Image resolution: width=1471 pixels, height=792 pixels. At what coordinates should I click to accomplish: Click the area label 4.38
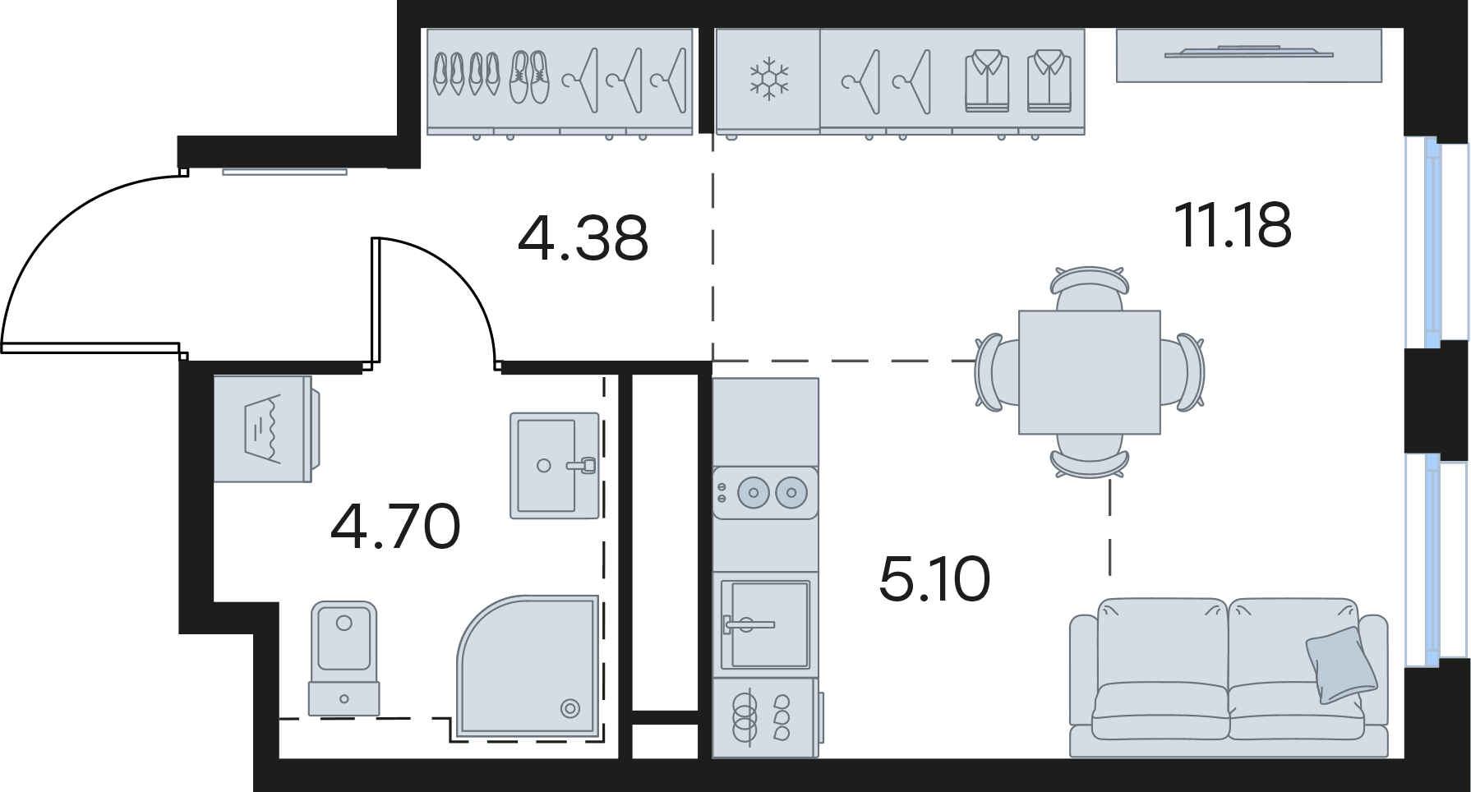(583, 237)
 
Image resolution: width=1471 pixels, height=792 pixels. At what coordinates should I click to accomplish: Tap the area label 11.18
(1233, 224)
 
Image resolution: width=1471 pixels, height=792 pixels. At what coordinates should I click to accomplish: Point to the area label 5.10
(934, 578)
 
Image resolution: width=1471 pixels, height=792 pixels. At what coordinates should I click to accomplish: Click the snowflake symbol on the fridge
(768, 80)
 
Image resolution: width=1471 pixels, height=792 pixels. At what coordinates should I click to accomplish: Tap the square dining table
(1090, 372)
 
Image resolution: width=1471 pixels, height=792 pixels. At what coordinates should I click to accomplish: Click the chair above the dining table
(1090, 288)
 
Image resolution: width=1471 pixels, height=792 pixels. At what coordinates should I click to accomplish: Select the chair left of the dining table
(997, 372)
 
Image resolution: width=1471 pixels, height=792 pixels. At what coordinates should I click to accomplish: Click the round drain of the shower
(569, 707)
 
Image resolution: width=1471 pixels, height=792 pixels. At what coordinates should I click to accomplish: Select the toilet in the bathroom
(344, 657)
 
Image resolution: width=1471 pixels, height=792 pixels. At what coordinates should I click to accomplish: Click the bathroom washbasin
(555, 466)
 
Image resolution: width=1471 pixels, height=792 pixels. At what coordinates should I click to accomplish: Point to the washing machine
(265, 429)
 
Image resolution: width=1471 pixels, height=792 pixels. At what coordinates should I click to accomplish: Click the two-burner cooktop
(765, 493)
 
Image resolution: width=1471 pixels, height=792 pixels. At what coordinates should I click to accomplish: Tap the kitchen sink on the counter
(765, 624)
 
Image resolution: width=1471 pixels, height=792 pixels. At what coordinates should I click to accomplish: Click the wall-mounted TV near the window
(1248, 55)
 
